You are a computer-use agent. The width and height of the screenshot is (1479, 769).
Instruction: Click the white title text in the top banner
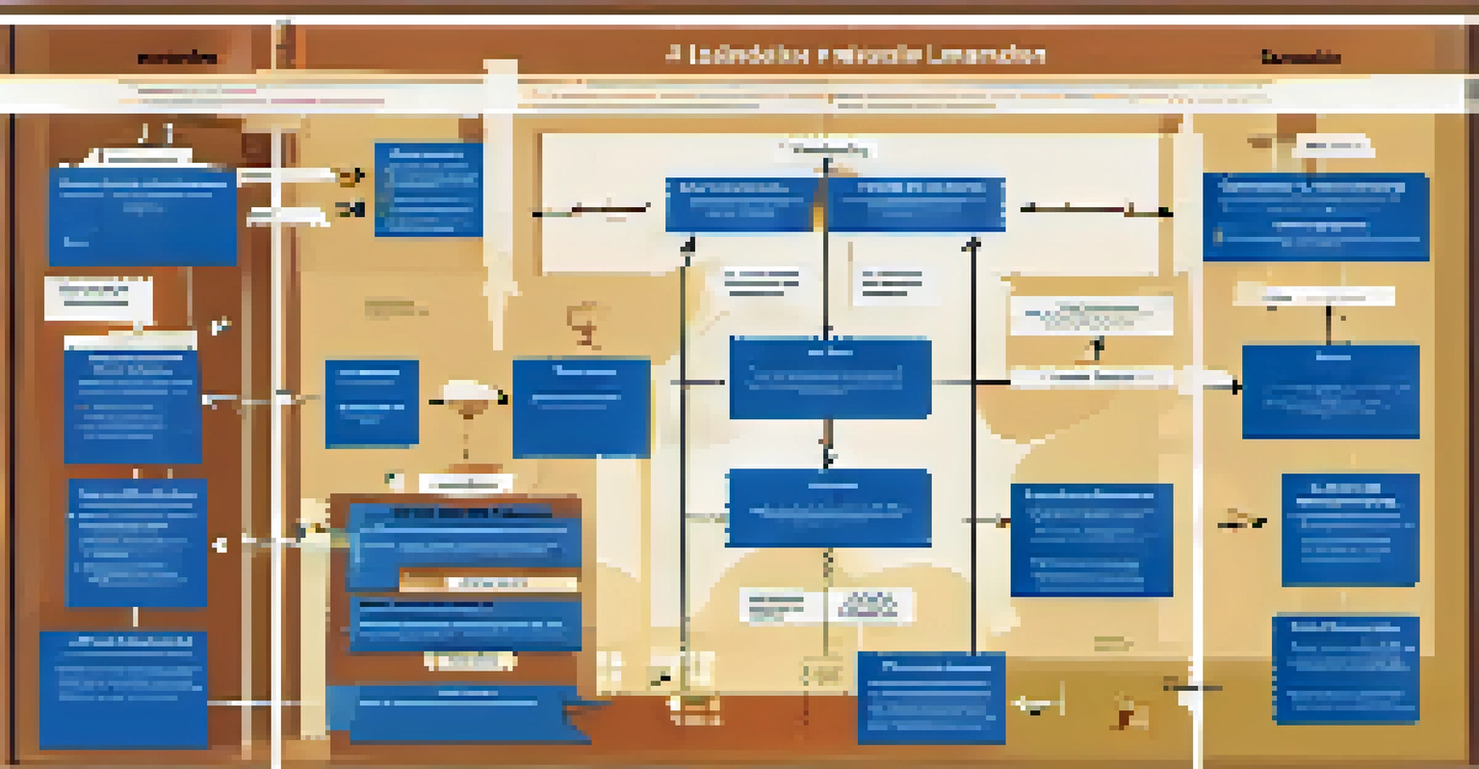855,55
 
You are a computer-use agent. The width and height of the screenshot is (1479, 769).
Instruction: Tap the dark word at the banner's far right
1301,58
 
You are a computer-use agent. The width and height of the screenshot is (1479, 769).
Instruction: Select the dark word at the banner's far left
177,59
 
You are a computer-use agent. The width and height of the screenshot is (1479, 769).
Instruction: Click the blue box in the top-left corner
143,216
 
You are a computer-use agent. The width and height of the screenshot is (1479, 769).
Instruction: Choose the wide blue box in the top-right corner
1315,217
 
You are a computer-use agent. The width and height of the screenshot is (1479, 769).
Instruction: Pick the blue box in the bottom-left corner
123,688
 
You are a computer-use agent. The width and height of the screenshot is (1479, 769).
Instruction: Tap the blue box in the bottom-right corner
1345,669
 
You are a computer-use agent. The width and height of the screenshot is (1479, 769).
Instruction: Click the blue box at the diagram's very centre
829,378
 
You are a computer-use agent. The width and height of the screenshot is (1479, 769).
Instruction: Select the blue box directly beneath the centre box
828,508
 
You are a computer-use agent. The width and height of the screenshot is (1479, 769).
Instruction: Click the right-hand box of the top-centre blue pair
916,204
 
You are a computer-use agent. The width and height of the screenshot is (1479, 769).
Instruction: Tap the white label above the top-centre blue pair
826,149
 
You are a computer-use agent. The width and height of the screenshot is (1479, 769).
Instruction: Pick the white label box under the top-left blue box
98,298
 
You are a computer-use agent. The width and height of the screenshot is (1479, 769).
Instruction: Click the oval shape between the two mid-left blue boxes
468,396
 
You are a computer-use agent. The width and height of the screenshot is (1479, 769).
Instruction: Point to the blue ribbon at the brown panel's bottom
468,714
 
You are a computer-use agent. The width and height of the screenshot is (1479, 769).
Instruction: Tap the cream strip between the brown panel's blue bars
488,582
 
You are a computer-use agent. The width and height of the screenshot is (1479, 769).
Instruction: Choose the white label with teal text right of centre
1092,315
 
